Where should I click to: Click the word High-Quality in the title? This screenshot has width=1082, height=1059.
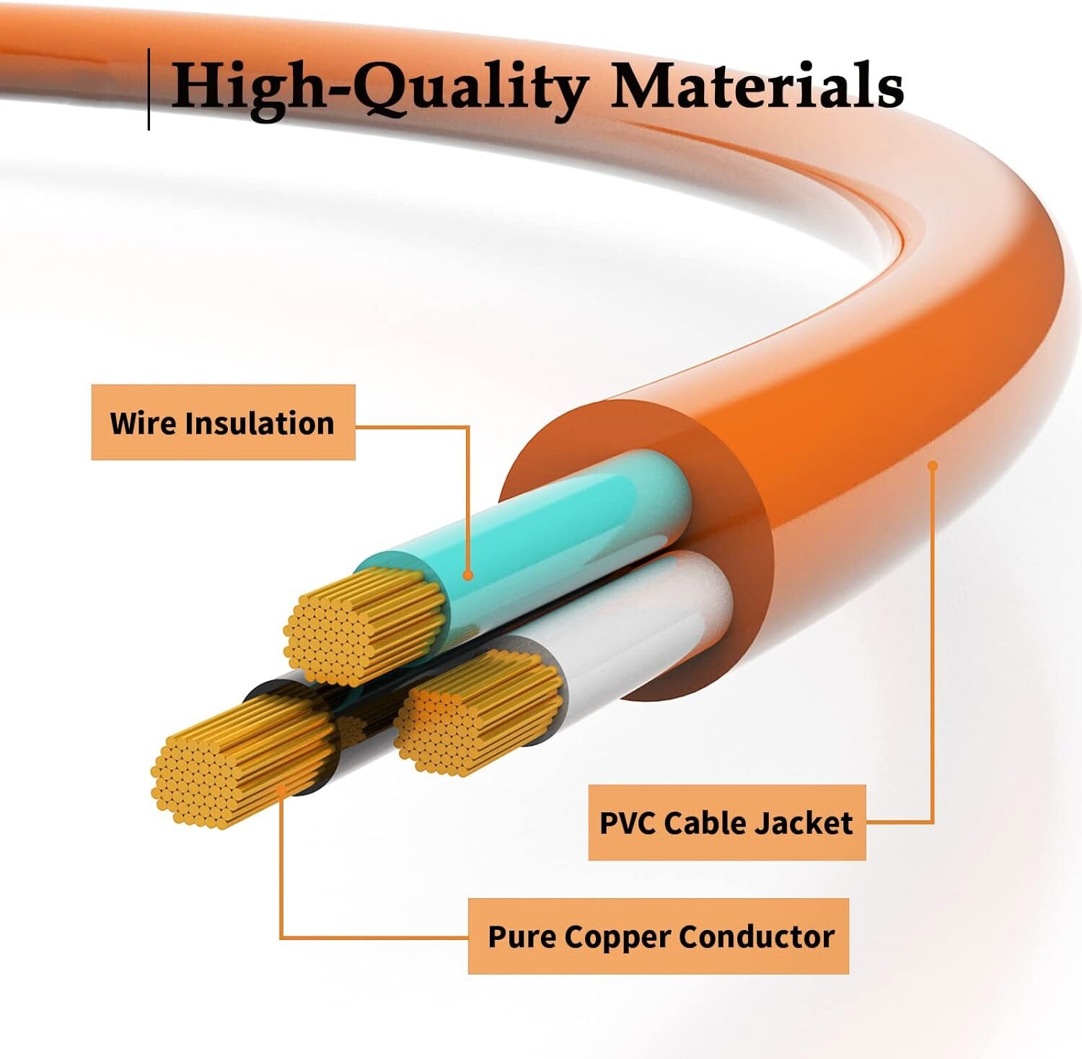pyautogui.click(x=379, y=87)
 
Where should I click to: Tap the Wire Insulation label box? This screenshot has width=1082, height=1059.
pyautogui.click(x=223, y=423)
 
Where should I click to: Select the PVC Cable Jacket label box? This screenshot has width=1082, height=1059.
pyautogui.click(x=726, y=822)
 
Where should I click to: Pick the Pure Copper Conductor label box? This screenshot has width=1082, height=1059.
pyautogui.click(x=658, y=936)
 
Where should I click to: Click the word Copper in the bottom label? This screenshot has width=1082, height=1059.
pyautogui.click(x=620, y=937)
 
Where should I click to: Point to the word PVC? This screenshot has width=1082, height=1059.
pyautogui.click(x=628, y=823)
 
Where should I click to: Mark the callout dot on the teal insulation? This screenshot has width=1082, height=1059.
pyautogui.click(x=467, y=575)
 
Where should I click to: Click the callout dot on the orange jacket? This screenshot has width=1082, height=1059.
pyautogui.click(x=932, y=466)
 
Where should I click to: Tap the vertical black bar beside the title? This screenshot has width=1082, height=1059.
pyautogui.click(x=149, y=89)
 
